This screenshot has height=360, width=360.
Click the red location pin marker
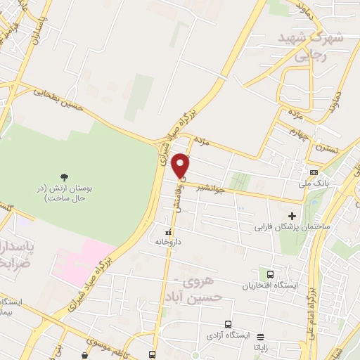[181, 165]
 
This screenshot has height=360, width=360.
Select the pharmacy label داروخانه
[169, 241]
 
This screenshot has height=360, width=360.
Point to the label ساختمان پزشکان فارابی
[286, 227]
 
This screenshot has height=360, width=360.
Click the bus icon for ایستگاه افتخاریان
[269, 274]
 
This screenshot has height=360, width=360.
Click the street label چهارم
[299, 135]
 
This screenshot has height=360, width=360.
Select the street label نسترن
[326, 148]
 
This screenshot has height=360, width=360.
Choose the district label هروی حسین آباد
[203, 289]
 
